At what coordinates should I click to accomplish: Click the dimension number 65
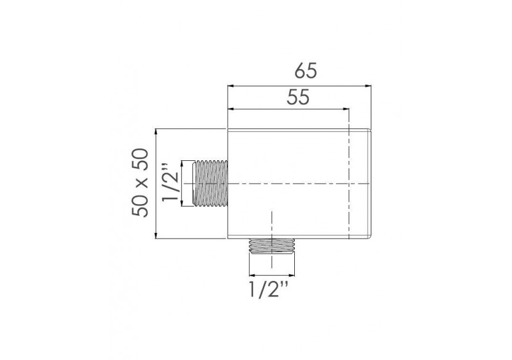click(305, 71)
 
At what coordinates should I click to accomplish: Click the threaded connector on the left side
click(210, 184)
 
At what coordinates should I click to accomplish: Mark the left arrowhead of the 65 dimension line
click(231, 85)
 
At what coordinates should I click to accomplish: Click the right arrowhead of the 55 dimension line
click(347, 110)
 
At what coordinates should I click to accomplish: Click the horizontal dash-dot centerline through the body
click(290, 184)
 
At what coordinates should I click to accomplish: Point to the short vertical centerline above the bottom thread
click(271, 225)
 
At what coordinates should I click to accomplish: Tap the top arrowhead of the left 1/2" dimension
click(183, 164)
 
